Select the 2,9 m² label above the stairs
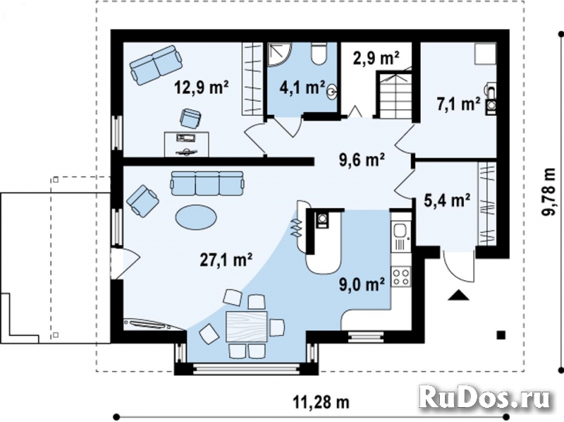point(376,59)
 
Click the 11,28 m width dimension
point(321,402)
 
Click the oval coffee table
point(195,215)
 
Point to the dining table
point(246,327)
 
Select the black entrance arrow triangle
point(460,296)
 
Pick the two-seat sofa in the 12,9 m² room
point(154,64)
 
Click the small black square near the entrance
point(501,334)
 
